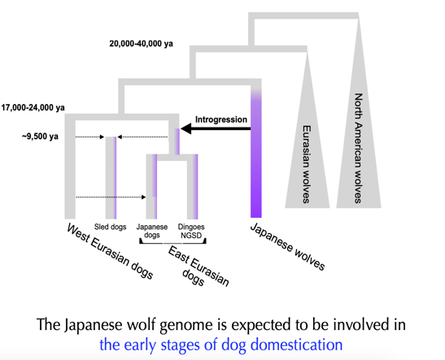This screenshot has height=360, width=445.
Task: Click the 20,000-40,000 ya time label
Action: [141, 44]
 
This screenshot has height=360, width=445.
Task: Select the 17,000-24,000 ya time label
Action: [33, 108]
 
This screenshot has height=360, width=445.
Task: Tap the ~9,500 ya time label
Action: [40, 137]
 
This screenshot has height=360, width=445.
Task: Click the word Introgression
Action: [221, 119]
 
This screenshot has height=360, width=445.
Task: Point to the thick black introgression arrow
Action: [216, 129]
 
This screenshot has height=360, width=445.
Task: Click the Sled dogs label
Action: [110, 227]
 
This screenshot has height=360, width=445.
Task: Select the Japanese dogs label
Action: [152, 231]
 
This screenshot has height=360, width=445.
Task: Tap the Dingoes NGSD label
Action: [191, 231]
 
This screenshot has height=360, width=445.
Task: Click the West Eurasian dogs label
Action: [110, 251]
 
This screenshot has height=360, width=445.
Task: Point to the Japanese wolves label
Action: [287, 246]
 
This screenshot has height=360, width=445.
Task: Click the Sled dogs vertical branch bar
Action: [111, 178]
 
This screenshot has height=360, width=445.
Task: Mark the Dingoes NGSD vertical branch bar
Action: [193, 187]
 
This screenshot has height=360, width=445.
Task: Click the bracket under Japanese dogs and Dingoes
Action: [172, 243]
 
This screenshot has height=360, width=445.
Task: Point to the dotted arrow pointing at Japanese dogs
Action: [111, 197]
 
